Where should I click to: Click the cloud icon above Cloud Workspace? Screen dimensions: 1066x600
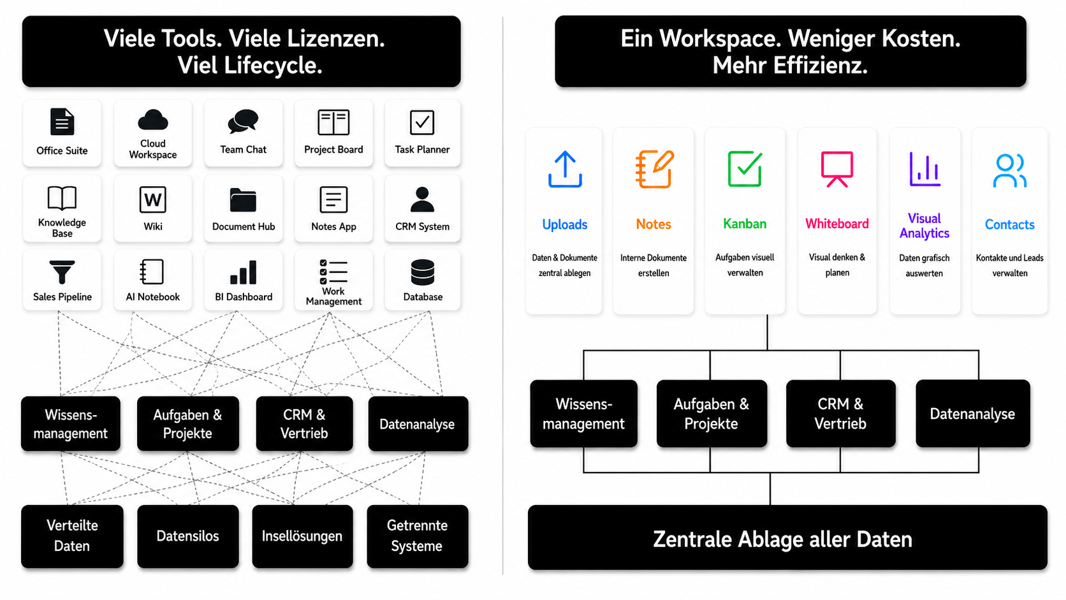click(x=153, y=119)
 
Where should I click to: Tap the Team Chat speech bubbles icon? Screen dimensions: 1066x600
click(x=243, y=121)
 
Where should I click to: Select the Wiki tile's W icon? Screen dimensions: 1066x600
click(x=153, y=200)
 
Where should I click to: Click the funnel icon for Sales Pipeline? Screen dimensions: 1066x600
click(x=62, y=272)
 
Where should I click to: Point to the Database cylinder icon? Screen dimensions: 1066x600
click(x=423, y=273)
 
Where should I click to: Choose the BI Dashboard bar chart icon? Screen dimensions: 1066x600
click(x=243, y=272)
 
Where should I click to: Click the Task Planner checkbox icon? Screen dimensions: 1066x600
click(x=422, y=122)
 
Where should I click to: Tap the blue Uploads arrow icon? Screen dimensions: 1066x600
click(x=565, y=169)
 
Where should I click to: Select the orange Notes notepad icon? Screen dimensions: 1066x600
click(x=654, y=169)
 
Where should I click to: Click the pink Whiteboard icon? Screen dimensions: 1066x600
click(x=837, y=169)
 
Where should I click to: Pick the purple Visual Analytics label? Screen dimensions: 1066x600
click(x=924, y=226)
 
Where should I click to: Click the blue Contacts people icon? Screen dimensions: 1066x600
click(x=1009, y=170)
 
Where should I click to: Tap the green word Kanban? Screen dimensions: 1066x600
click(x=745, y=224)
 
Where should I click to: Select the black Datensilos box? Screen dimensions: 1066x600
click(x=188, y=536)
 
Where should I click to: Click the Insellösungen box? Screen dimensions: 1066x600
click(x=303, y=536)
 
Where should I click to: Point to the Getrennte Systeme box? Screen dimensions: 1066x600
click(x=418, y=536)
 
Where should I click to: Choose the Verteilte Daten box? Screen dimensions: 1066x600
click(x=72, y=536)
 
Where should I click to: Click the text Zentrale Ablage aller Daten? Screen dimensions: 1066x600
click(x=782, y=539)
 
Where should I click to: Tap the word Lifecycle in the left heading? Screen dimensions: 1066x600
click(x=273, y=65)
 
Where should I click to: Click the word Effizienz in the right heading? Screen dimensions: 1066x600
click(x=821, y=64)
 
